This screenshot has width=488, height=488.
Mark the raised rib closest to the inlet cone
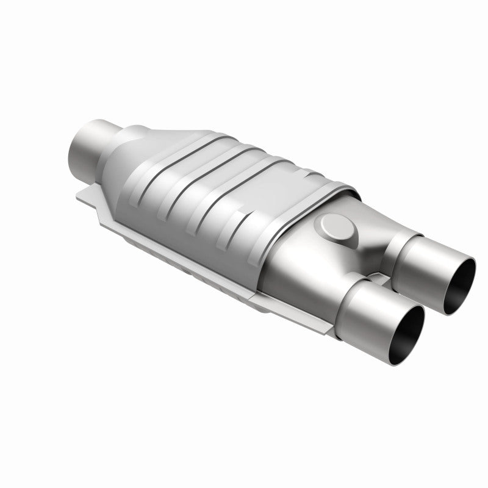177,152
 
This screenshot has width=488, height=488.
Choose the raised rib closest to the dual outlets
287,183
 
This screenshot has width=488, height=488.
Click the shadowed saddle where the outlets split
360,256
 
